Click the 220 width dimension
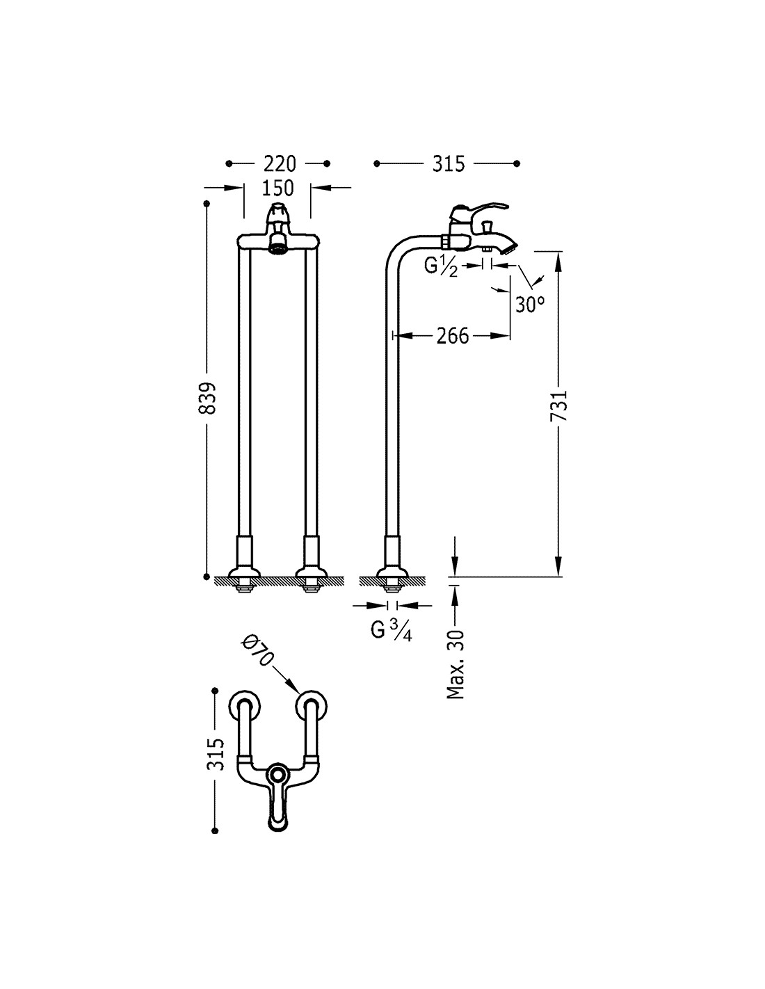tap(279, 163)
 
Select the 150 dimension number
tap(278, 188)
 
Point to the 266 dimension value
tap(452, 336)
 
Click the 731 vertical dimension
tap(560, 405)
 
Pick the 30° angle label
tap(530, 304)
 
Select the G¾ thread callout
tap(391, 631)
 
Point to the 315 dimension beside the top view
tap(216, 753)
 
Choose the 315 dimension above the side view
tap(448, 163)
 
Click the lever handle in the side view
tap(480, 208)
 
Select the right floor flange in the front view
tap(311, 574)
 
